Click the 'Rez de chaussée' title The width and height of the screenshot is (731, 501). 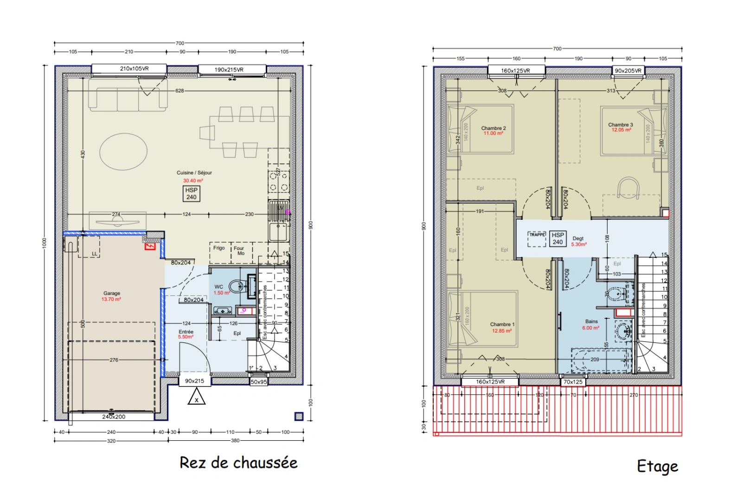tap(238, 463)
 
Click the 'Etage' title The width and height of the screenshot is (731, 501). tap(657, 466)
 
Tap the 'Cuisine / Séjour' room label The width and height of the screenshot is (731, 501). tap(194, 173)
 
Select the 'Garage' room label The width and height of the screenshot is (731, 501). tap(111, 293)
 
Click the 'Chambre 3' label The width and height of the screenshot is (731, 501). tap(620, 125)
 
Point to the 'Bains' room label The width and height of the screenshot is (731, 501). tap(591, 321)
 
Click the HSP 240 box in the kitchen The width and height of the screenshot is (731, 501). tap(191, 193)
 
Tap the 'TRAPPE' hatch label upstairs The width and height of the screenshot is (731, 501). tap(537, 235)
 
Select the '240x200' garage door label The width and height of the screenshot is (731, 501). tap(114, 417)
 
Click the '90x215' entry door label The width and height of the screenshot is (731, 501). tap(194, 381)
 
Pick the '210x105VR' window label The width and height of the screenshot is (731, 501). tap(134, 69)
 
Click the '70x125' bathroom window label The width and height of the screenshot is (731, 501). tap(573, 382)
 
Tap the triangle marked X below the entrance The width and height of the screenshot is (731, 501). tap(196, 398)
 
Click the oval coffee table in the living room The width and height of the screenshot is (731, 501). tap(123, 151)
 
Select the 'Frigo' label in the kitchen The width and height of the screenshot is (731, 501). tap(219, 248)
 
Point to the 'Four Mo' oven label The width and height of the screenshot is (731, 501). tap(239, 251)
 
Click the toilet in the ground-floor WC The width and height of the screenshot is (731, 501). tap(238, 286)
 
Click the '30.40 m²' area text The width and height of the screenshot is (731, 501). tap(193, 181)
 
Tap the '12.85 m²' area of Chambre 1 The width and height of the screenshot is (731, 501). tap(501, 331)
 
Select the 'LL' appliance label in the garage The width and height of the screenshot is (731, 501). tap(95, 254)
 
